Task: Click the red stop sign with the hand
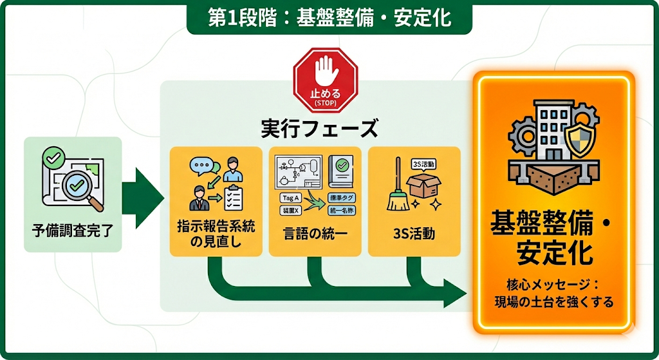325,81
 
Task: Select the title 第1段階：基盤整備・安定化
329,17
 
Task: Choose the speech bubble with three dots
201,166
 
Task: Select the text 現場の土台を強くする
553,301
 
